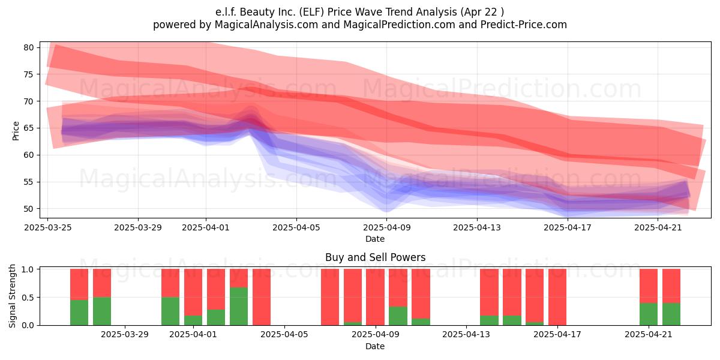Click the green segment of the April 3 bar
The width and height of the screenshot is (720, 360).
coord(239,306)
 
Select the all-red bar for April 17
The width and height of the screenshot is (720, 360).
coord(557,297)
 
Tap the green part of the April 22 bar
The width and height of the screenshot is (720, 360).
coord(671,314)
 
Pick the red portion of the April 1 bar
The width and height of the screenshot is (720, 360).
coord(193,292)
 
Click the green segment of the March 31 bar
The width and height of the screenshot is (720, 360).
coord(170,311)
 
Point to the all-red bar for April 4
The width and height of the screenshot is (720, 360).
coord(262,297)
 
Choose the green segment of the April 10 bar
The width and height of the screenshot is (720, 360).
coord(398,316)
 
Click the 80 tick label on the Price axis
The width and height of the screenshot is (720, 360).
coord(29,47)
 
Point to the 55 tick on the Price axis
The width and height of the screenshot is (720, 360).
coord(29,182)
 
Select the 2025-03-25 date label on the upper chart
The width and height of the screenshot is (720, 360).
coord(48,227)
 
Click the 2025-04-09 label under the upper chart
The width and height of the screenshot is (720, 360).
coord(386,227)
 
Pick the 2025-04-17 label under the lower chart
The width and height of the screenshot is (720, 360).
coord(557,335)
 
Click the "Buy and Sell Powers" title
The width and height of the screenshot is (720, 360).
coord(375,257)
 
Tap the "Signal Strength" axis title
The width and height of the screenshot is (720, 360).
coord(12,296)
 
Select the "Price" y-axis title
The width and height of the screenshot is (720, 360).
coord(16,131)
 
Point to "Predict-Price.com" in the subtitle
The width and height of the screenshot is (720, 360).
coord(524,25)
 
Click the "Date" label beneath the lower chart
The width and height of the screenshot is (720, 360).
coord(375,346)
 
